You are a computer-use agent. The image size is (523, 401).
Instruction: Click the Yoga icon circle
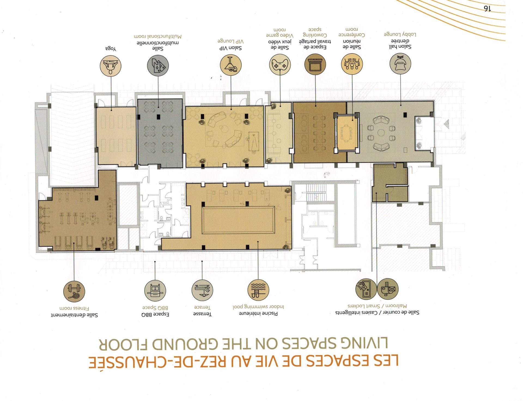(110, 66)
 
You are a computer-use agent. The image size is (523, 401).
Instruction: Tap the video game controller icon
(280, 65)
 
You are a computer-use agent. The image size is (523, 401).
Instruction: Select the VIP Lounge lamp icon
(231, 65)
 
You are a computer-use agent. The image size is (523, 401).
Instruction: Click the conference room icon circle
(352, 64)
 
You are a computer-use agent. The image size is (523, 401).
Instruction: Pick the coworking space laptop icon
(315, 64)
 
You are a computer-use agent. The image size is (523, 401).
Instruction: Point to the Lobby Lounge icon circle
(400, 64)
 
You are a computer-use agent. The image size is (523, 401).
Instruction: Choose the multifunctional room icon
(158, 66)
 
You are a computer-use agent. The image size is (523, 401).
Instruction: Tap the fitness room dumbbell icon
(74, 291)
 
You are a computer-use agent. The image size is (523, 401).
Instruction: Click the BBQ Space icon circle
(155, 291)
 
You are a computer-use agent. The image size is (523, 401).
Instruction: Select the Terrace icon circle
(202, 290)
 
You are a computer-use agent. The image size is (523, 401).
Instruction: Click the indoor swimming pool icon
(258, 290)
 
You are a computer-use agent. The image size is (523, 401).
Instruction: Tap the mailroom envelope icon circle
(388, 289)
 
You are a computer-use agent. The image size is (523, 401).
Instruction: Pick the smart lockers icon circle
(366, 289)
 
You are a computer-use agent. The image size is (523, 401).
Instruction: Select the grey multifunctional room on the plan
(160, 132)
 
